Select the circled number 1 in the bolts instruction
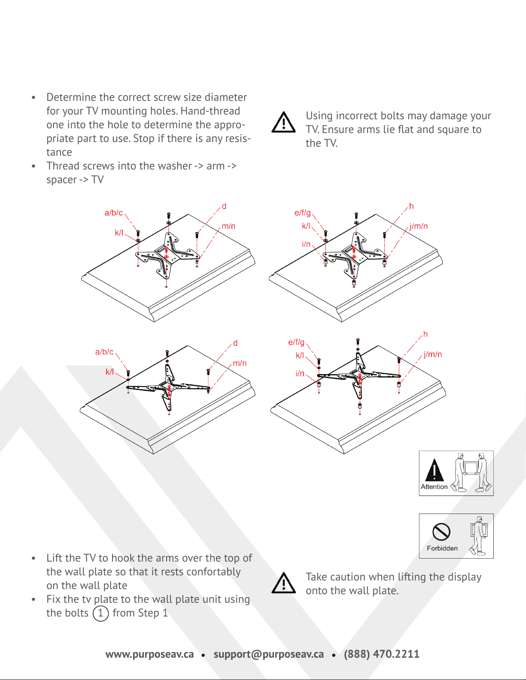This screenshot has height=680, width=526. click(x=100, y=614)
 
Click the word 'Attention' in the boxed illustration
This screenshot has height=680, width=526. click(x=434, y=487)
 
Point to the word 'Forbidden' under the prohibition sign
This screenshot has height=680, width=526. click(x=442, y=548)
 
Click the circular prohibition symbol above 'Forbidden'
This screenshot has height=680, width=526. click(x=441, y=532)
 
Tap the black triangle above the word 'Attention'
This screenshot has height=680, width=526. click(x=434, y=470)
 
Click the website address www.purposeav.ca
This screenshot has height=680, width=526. click(x=150, y=654)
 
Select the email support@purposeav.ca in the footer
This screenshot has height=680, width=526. click(x=269, y=654)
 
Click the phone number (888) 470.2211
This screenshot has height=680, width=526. click(x=382, y=654)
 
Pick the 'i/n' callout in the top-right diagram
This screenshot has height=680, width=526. click(x=306, y=244)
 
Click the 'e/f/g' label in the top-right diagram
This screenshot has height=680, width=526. click(x=302, y=213)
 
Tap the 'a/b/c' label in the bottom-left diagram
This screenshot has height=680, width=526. click(x=104, y=352)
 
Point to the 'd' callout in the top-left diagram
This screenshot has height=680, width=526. click(x=224, y=206)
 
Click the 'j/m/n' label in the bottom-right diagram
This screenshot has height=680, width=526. click(x=433, y=354)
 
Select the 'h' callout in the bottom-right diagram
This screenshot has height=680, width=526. click(x=425, y=334)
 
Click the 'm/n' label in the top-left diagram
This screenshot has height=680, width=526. click(x=228, y=226)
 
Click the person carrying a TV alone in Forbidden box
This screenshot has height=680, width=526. click(x=478, y=535)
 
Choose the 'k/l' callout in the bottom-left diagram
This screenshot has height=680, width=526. click(x=109, y=372)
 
